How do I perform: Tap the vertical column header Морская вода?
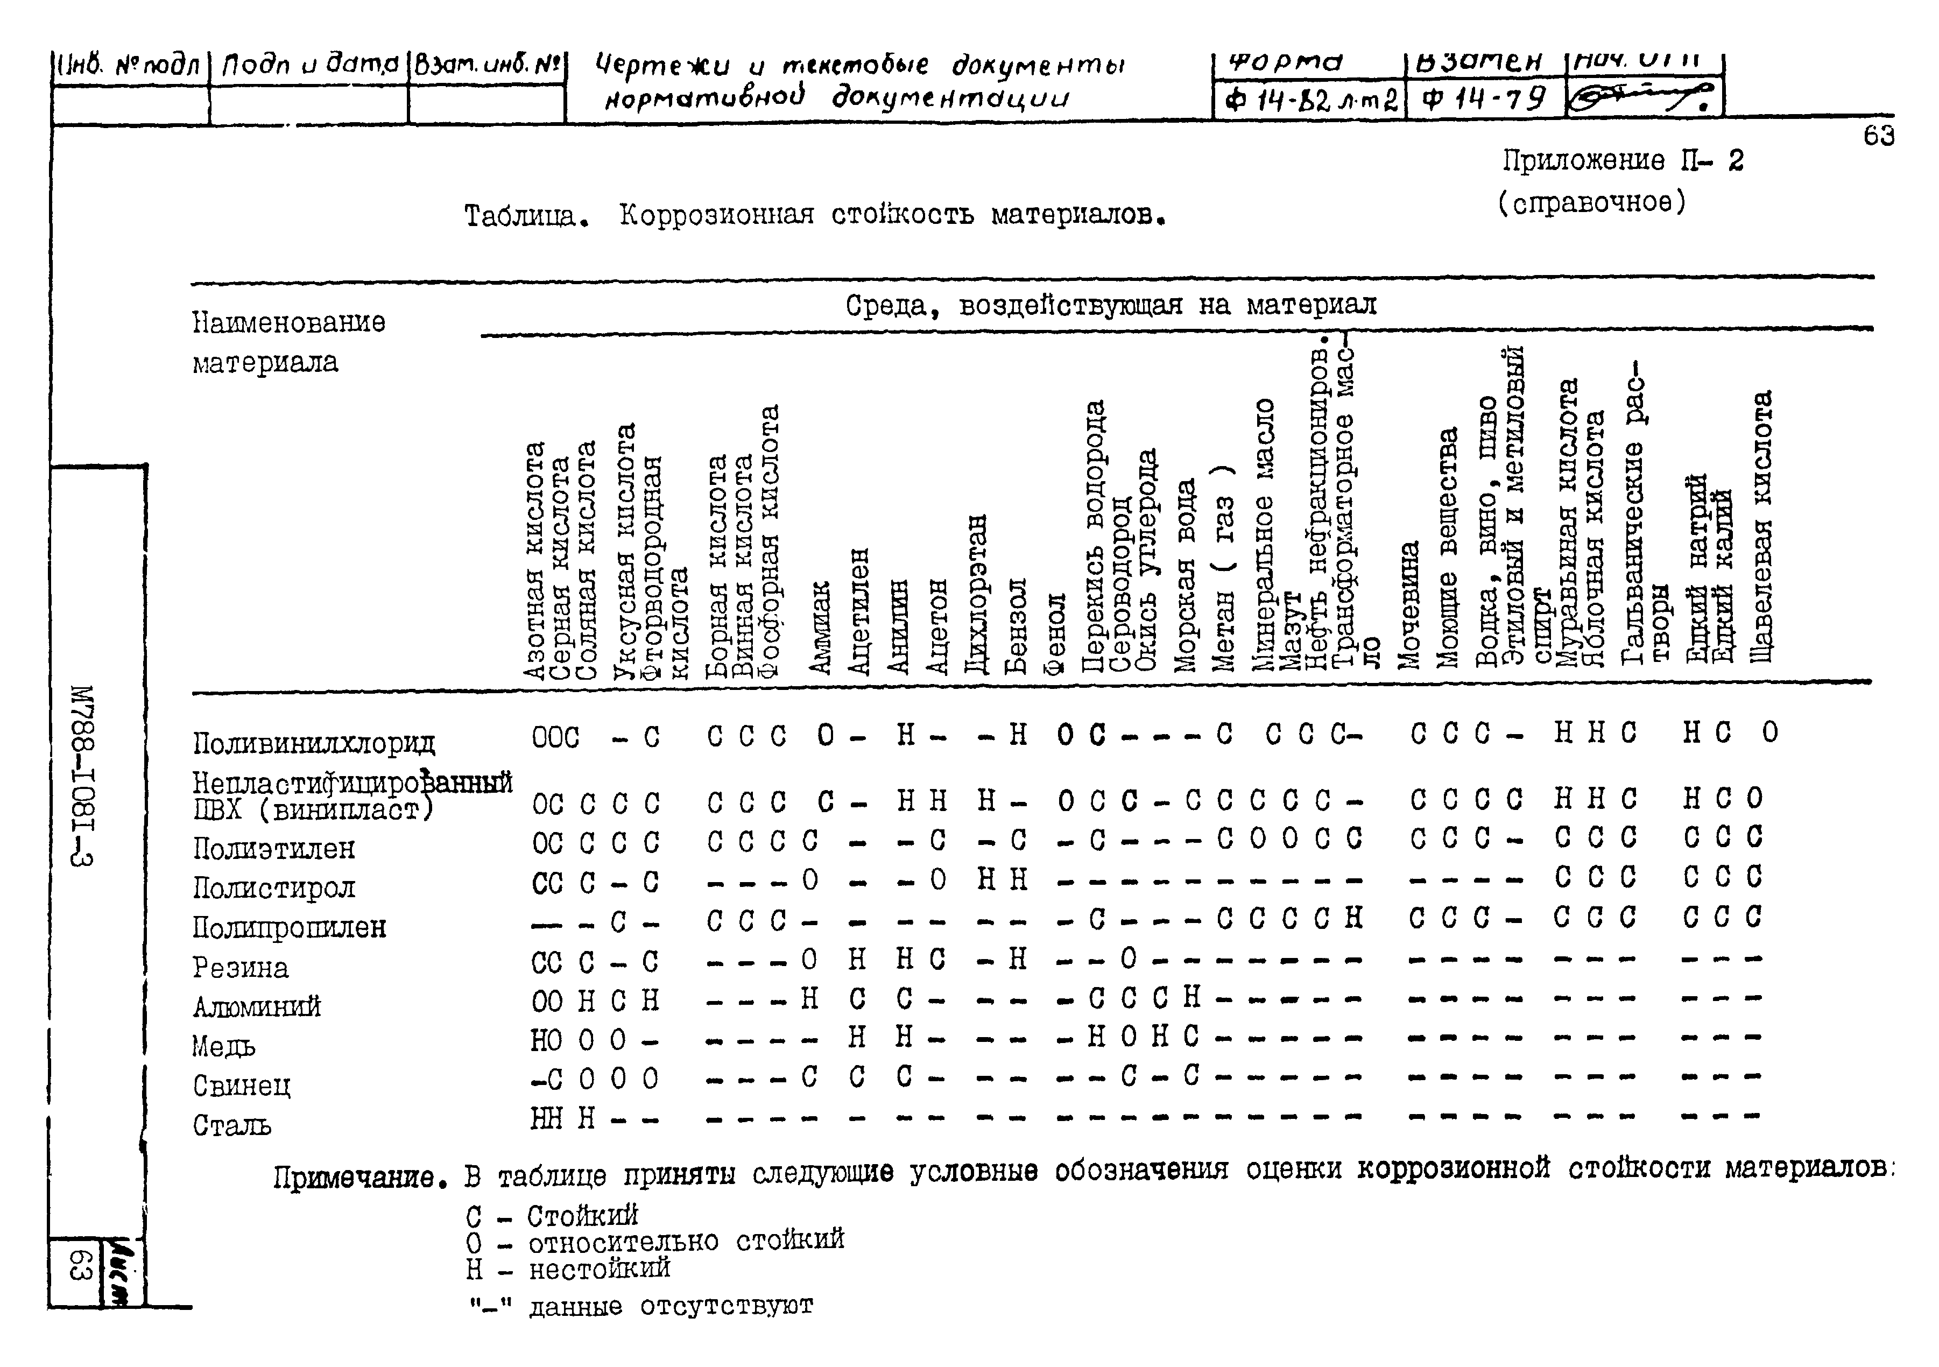[1186, 575]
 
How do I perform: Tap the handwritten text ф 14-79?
[1484, 101]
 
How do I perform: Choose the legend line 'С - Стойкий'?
[552, 1216]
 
